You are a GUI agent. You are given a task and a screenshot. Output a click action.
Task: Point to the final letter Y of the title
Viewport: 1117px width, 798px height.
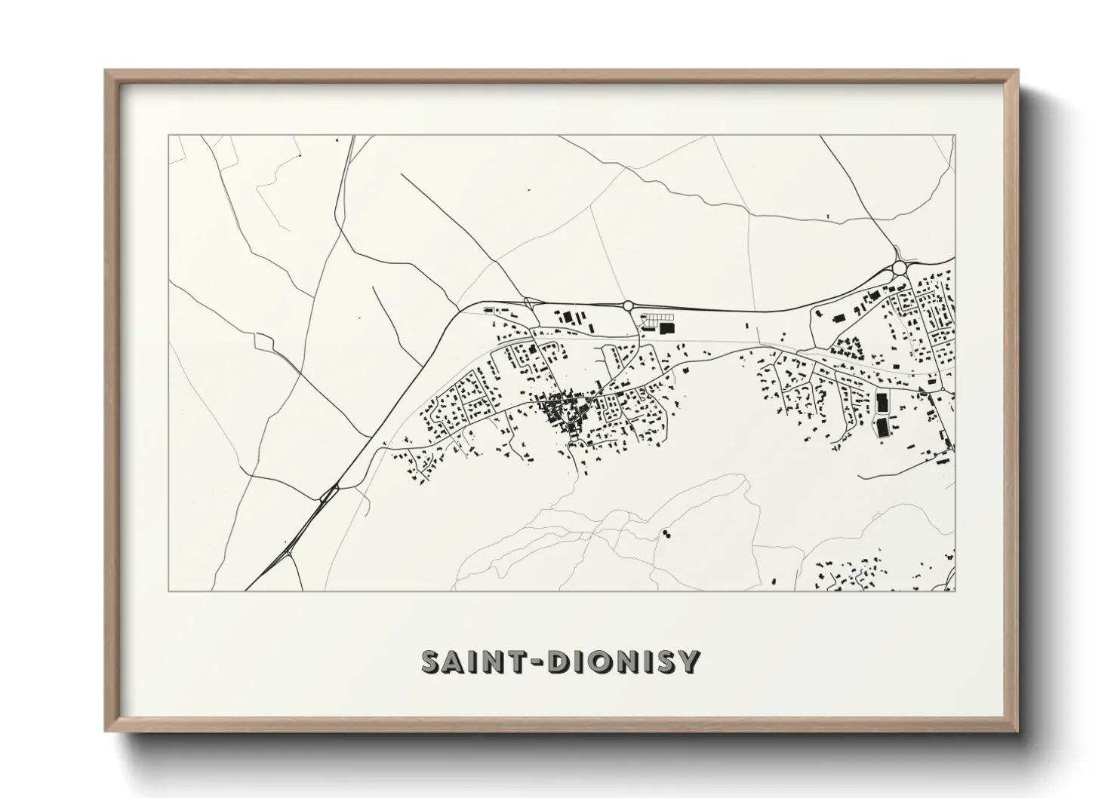click(689, 662)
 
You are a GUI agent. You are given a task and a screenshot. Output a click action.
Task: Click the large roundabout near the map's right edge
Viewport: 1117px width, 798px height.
click(899, 267)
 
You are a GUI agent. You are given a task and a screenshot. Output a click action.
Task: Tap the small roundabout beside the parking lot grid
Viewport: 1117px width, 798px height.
click(628, 305)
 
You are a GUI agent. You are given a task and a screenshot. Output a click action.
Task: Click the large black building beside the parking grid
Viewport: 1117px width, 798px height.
click(666, 328)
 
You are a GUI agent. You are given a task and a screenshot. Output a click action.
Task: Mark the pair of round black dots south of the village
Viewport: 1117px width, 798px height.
click(666, 534)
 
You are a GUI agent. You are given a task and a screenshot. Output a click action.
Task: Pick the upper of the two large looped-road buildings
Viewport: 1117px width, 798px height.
click(882, 401)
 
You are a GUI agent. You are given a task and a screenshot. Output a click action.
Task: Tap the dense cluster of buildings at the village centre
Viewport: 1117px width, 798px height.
click(562, 411)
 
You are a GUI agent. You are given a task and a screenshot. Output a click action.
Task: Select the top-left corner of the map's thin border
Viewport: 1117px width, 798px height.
click(169, 136)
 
